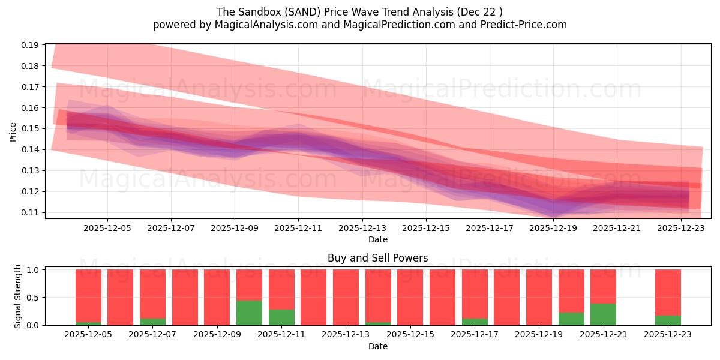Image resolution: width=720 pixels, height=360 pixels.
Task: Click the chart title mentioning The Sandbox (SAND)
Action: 360,11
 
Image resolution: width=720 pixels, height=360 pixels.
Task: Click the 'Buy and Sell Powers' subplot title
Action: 378,258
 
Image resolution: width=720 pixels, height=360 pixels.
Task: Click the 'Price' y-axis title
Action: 13,131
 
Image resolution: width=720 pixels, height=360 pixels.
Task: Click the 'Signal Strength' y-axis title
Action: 18,296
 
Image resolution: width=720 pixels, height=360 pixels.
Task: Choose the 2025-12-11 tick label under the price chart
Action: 298,228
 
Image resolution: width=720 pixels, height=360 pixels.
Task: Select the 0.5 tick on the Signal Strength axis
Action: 34,298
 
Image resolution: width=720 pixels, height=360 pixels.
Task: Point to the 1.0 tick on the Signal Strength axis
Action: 34,270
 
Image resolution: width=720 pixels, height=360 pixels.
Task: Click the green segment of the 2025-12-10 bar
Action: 249,313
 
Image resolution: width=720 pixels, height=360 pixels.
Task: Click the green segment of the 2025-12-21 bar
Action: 603,314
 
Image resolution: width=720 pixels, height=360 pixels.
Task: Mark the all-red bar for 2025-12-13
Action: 346,297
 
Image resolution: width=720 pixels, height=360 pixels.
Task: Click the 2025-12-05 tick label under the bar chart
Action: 88,335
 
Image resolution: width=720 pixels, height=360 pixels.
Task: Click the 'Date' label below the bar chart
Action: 378,346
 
